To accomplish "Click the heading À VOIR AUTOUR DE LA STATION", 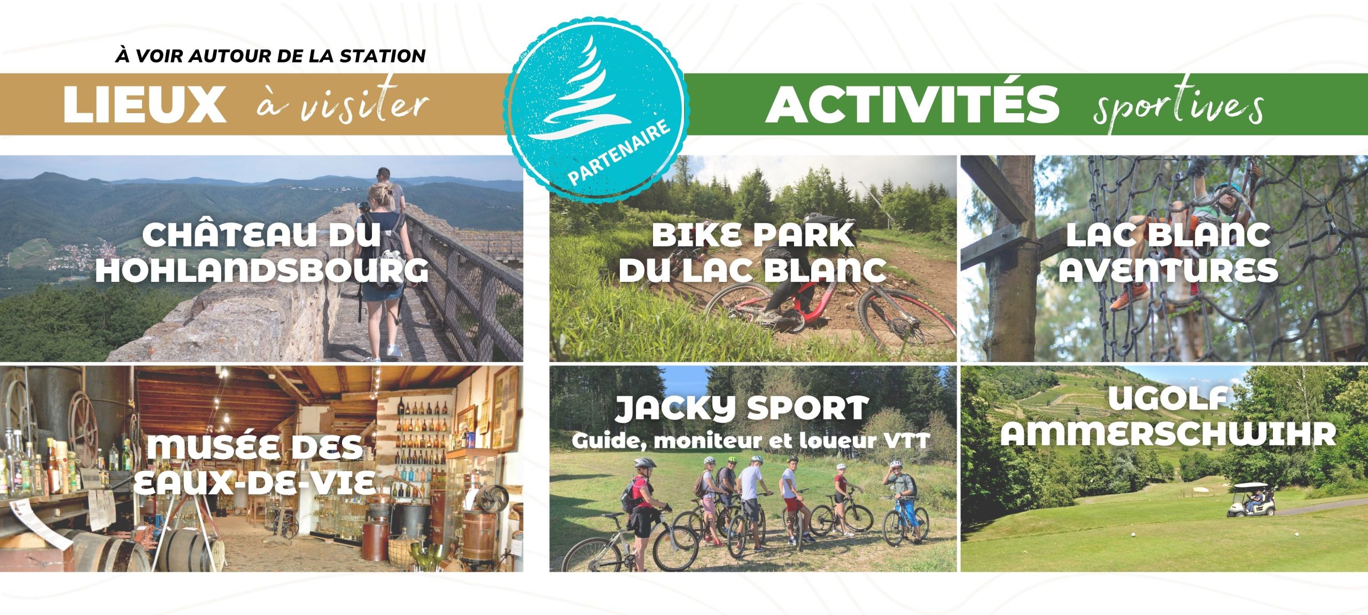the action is tap(270, 56).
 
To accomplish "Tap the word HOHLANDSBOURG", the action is tap(262, 271).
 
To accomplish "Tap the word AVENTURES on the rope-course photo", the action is tap(1168, 270).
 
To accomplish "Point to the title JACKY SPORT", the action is tap(741, 408).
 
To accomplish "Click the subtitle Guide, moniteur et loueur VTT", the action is tap(751, 441).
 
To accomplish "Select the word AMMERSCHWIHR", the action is tap(1168, 433).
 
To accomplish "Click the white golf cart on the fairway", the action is tap(1250, 500).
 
